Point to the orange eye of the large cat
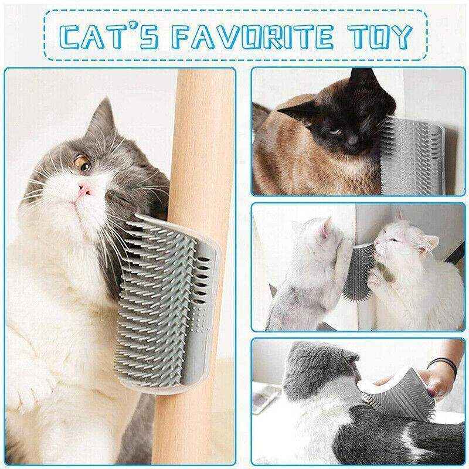[x=81, y=159]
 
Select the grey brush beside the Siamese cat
[x=416, y=149]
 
